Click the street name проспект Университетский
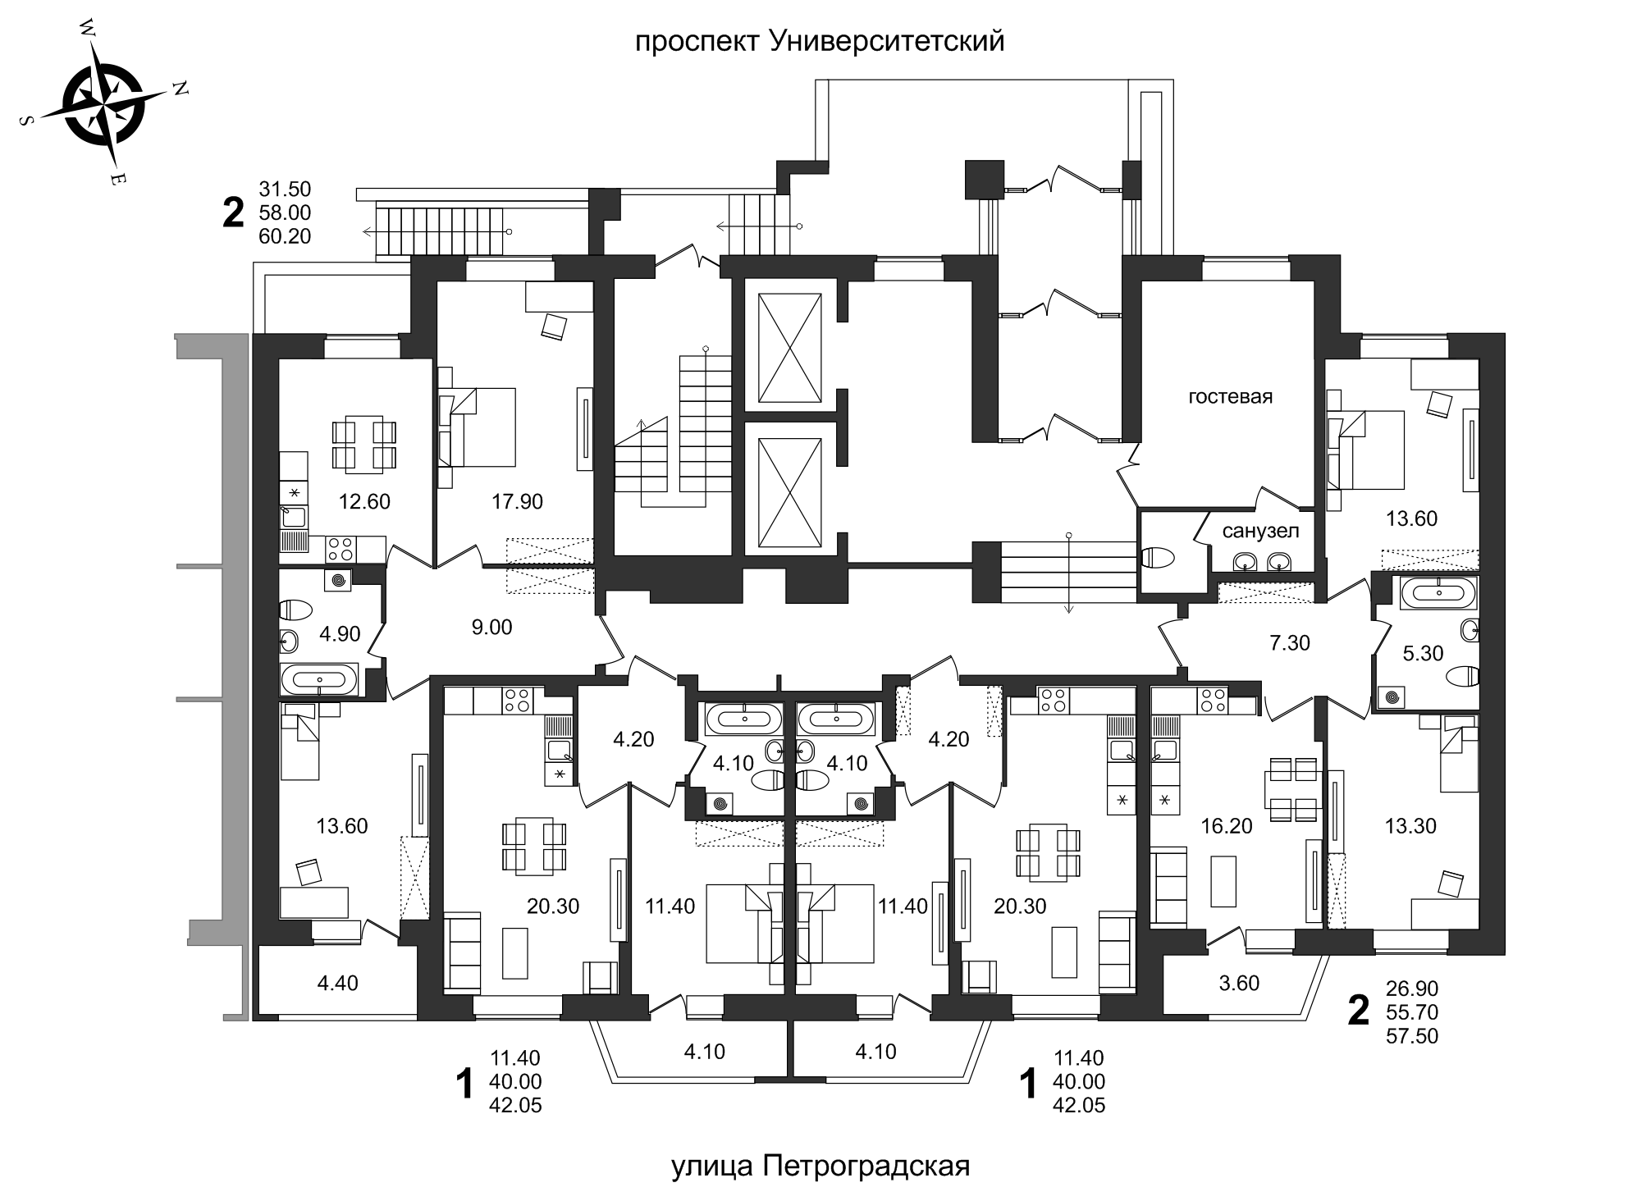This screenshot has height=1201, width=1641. (820, 41)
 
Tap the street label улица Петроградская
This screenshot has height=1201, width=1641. (820, 1166)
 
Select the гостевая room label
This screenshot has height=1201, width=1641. (1230, 397)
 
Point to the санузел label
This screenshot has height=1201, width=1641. (1260, 531)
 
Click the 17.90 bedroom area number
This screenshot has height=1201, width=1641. (517, 500)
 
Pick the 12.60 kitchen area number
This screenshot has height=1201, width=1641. (364, 500)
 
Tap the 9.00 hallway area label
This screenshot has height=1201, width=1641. (491, 628)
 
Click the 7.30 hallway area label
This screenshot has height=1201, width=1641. (1290, 643)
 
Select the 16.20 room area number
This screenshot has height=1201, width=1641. (1226, 826)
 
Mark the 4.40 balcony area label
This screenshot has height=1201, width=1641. (337, 983)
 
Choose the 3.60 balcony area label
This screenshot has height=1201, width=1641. (1239, 983)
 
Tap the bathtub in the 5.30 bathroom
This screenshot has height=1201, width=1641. (1438, 592)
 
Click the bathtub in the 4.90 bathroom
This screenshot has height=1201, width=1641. (319, 679)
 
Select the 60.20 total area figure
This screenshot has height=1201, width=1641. (285, 236)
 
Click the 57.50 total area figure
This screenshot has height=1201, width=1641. (1412, 1036)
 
